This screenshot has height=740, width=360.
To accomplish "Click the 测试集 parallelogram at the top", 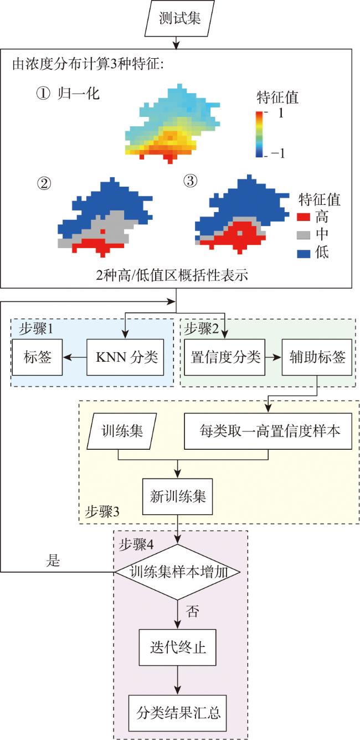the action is pyautogui.click(x=179, y=18).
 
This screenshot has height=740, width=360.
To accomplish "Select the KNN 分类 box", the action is pyautogui.click(x=125, y=357).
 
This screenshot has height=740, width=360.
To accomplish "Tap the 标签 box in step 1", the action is pyautogui.click(x=37, y=357).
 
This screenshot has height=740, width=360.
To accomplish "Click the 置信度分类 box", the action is pyautogui.click(x=225, y=357).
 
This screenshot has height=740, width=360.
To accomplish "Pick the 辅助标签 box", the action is pyautogui.click(x=317, y=357).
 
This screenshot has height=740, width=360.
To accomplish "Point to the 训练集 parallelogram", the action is pyautogui.click(x=121, y=431).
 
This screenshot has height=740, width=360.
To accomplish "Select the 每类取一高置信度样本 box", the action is pyautogui.click(x=268, y=431).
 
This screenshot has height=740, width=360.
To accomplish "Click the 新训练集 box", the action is pyautogui.click(x=177, y=496).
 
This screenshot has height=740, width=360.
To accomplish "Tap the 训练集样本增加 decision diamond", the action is pyautogui.click(x=177, y=572).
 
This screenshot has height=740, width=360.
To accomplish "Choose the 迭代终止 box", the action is pyautogui.click(x=177, y=647).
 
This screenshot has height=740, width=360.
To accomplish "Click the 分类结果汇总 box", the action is pyautogui.click(x=177, y=713).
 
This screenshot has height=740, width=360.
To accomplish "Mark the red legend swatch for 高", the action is pyautogui.click(x=304, y=217).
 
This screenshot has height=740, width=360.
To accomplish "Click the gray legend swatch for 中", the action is pyautogui.click(x=304, y=235).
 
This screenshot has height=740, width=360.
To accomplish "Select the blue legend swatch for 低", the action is pyautogui.click(x=304, y=253).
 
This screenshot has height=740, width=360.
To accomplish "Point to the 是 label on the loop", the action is pyautogui.click(x=53, y=561).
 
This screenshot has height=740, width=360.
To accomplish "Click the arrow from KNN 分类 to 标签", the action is pyautogui.click(x=75, y=357).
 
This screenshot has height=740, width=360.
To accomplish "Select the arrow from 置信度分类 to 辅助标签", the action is pyautogui.click(x=274, y=357).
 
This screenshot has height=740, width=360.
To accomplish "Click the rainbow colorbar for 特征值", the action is pyautogui.click(x=259, y=134).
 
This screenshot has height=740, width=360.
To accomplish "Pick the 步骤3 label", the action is pyautogui.click(x=102, y=512).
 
